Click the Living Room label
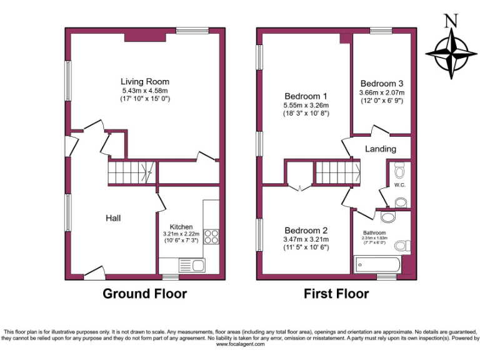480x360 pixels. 144,82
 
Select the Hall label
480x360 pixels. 112,218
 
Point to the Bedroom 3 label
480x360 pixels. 381,84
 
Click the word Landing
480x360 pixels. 380,149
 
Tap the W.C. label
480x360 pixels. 401,185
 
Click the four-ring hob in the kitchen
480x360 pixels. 211,237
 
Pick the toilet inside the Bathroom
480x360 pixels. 403,245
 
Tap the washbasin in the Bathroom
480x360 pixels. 388,216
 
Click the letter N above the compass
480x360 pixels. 449,21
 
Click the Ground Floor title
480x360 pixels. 144,293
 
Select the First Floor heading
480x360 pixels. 336,293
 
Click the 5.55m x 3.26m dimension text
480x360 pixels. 306,106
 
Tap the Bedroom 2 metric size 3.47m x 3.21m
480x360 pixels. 306,239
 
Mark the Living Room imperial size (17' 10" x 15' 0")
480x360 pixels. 144,99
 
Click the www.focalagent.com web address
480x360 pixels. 240,344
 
